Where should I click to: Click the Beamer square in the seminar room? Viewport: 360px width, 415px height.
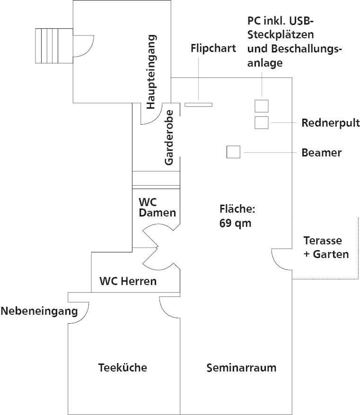point(233,152)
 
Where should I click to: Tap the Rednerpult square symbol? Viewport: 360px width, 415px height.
point(262,122)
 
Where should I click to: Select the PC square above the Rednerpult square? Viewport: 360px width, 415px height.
point(262,105)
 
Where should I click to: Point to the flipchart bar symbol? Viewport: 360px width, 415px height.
point(198,104)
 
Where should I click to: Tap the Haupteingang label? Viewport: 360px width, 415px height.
point(151,72)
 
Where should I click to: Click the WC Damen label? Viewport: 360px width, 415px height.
point(157,207)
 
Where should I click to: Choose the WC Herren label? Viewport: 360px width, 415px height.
point(128,281)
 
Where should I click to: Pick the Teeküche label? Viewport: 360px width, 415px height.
point(123,367)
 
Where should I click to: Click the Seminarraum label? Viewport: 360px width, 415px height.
point(241,367)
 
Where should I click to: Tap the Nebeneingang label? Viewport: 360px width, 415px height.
point(39,311)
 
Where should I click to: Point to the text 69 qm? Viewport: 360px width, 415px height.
point(235,224)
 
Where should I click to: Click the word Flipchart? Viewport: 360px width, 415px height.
point(213,48)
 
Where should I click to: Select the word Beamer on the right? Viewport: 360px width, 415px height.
point(321,153)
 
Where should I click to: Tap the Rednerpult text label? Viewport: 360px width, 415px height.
point(331,123)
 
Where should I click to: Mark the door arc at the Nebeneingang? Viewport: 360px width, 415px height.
point(80,312)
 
